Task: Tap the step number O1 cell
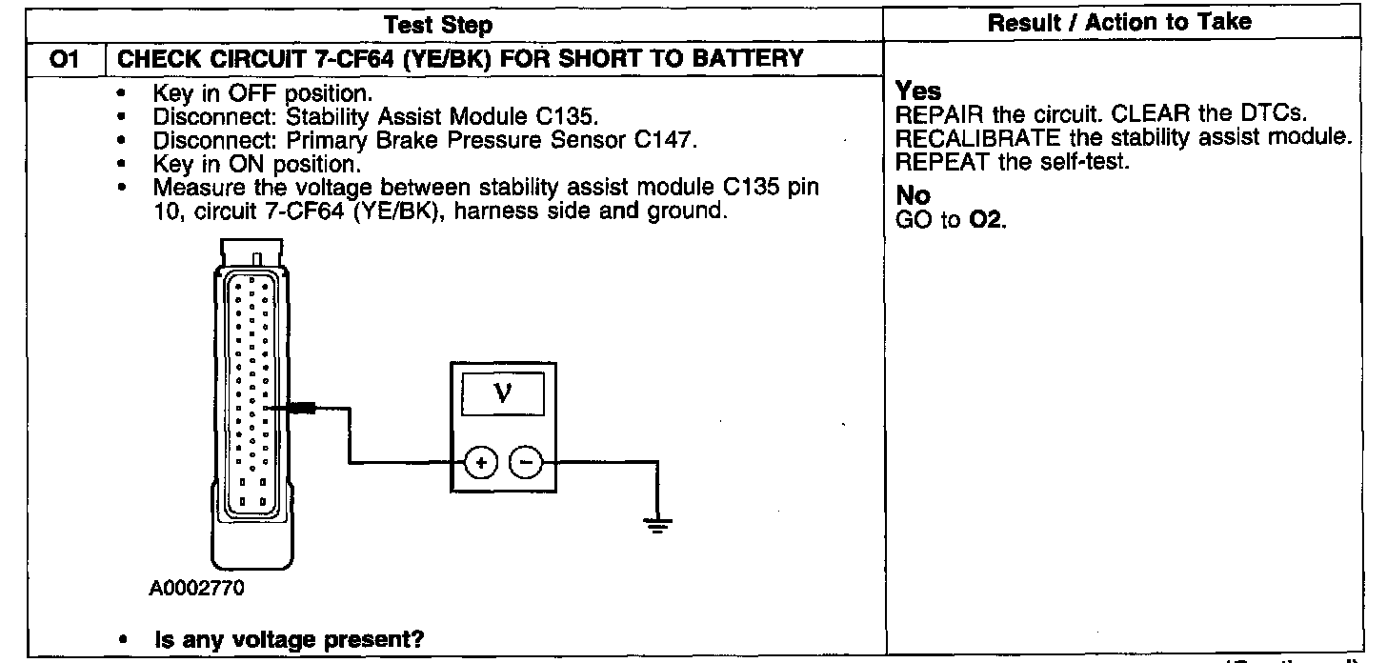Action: pos(63,58)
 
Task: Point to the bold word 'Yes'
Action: pos(918,92)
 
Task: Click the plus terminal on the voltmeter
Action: pos(480,463)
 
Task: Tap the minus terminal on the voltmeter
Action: pos(525,463)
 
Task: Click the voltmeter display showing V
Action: pos(502,393)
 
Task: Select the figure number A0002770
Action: pos(196,588)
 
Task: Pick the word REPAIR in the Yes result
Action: pos(931,116)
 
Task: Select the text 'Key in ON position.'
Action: pos(256,164)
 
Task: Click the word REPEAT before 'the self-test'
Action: pos(932,163)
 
